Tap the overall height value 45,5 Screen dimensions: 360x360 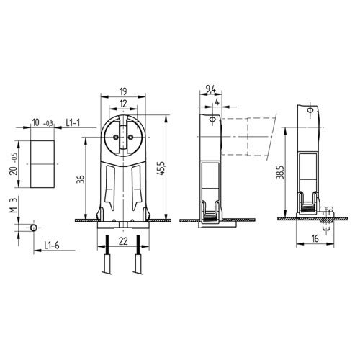pyautogui.click(x=163, y=167)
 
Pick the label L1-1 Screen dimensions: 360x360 pyautogui.click(x=74, y=124)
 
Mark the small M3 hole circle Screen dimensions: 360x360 pyautogui.click(x=34, y=227)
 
